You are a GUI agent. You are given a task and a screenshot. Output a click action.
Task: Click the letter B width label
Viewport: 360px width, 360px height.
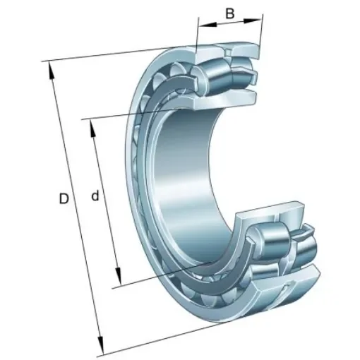click(x=229, y=13)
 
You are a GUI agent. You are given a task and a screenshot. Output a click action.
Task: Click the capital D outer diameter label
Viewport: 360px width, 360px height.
click(x=64, y=200)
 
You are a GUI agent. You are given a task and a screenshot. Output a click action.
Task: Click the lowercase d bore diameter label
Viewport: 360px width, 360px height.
click(x=95, y=196)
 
